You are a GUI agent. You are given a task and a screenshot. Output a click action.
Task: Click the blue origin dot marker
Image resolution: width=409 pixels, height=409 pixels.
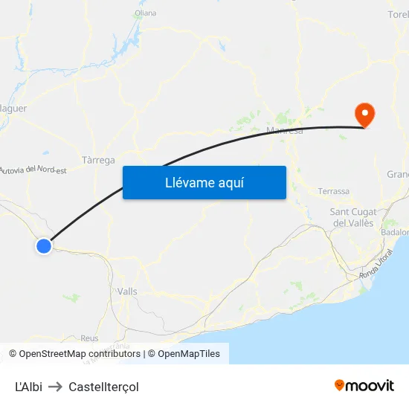[x=44, y=245]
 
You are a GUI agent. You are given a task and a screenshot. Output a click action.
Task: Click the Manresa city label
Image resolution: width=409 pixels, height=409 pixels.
[x=285, y=132]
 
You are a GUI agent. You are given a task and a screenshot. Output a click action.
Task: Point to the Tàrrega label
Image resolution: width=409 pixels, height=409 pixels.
[x=98, y=160]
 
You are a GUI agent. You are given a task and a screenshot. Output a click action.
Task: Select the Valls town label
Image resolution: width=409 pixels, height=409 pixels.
[x=127, y=292]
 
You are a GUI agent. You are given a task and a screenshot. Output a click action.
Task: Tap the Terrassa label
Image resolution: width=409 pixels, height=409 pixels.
[x=333, y=191]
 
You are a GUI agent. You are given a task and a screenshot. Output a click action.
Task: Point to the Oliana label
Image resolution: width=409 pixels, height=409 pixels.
[x=146, y=13]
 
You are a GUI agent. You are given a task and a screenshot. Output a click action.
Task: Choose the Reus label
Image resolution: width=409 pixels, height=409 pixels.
[x=89, y=338]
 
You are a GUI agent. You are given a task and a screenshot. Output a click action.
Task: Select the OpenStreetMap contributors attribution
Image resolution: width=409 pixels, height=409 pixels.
[x=80, y=354]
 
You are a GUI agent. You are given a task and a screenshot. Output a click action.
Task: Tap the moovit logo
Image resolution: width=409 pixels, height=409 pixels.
[x=364, y=386]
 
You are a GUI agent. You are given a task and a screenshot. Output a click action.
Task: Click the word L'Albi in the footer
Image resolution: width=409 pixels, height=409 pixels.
[x=28, y=387]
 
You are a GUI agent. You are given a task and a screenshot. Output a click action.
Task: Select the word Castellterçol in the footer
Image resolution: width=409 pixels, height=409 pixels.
[x=103, y=387]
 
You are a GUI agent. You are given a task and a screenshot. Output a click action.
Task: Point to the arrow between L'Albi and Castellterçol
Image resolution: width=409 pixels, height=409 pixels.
[x=55, y=387]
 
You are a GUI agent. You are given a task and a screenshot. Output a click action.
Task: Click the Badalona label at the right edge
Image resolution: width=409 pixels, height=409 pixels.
[x=395, y=232]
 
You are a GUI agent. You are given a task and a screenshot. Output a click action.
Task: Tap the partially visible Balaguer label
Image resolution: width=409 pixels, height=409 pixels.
[x=14, y=109]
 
